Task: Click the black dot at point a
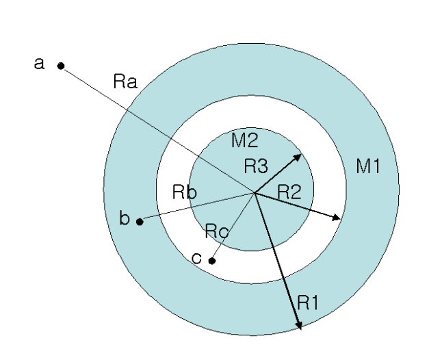click(61, 66)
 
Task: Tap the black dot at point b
click(140, 221)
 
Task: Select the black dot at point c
click(212, 261)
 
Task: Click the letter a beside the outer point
click(39, 64)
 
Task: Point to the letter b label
click(124, 219)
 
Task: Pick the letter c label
click(196, 259)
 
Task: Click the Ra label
click(125, 83)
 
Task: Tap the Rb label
click(185, 192)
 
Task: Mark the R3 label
click(257, 165)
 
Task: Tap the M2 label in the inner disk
click(244, 141)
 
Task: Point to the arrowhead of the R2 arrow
click(337, 218)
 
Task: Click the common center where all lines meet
click(255, 193)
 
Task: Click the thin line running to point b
click(198, 207)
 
